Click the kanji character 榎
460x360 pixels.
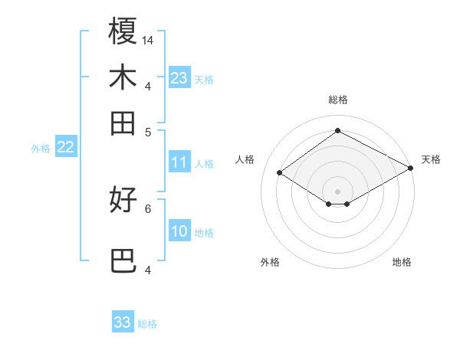point(123,32)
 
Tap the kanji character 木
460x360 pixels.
point(123,77)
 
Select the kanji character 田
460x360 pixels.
point(123,123)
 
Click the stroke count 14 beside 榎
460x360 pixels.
point(149,40)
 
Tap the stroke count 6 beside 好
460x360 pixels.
point(148,208)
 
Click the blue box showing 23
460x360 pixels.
point(179,78)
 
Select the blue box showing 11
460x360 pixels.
point(179,162)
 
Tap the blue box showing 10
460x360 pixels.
point(179,232)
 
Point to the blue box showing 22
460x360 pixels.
point(65,148)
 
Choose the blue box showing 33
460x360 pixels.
point(123,322)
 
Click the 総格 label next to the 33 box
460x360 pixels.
point(147,324)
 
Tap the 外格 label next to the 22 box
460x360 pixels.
point(40,149)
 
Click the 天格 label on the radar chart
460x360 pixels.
point(431,159)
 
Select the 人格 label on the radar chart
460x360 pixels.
point(245,159)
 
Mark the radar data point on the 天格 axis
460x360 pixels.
point(412,168)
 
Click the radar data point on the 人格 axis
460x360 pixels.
point(280,173)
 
